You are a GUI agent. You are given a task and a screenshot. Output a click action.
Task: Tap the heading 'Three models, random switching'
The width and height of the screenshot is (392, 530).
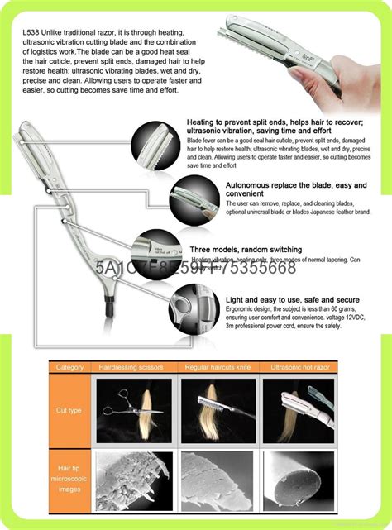pyautogui.click(x=246, y=249)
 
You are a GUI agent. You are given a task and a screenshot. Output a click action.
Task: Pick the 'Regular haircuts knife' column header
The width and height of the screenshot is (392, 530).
pyautogui.click(x=218, y=367)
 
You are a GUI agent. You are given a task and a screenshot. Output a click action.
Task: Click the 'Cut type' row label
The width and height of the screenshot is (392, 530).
pyautogui.click(x=69, y=409)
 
